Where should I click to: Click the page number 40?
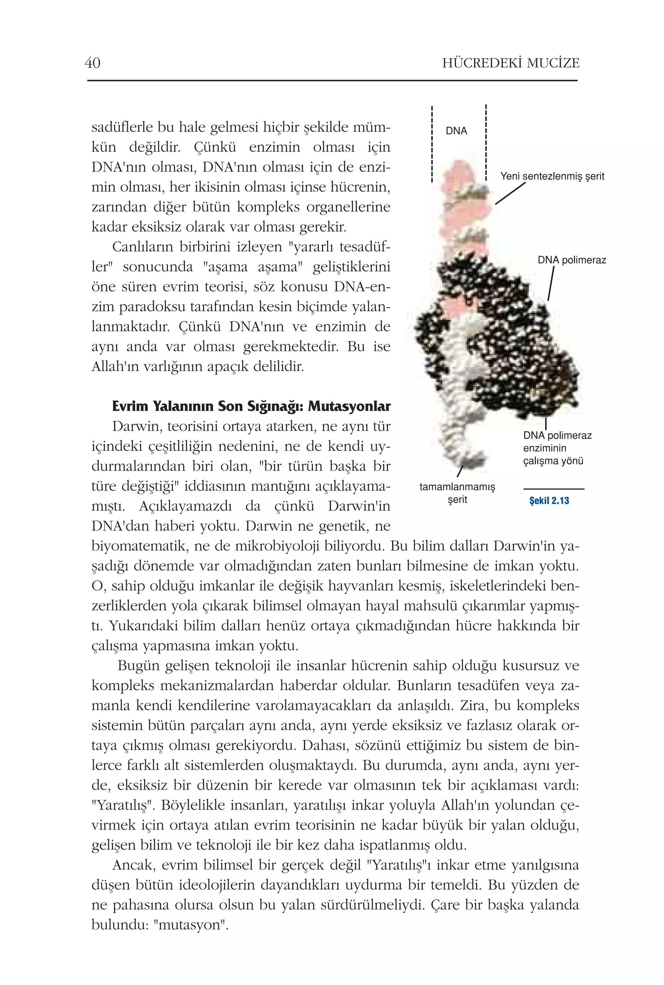click(x=92, y=63)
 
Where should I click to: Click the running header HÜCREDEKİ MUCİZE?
click(x=510, y=63)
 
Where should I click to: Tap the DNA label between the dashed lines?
click(x=456, y=131)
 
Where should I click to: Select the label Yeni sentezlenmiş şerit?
click(x=552, y=176)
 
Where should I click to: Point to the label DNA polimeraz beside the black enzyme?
click(x=571, y=260)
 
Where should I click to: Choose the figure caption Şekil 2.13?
click(x=549, y=501)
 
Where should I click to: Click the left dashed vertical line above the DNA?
click(x=432, y=144)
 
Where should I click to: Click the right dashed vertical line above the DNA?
click(x=486, y=142)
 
